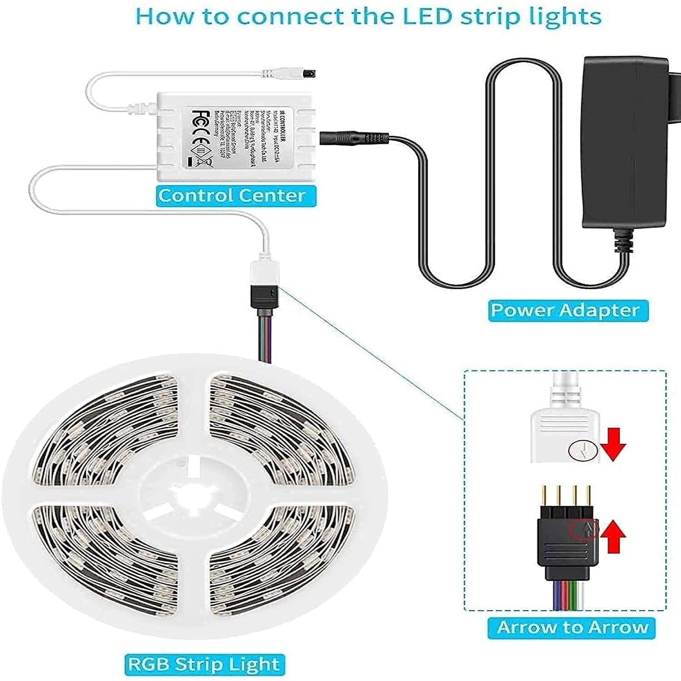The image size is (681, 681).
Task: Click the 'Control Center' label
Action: tap(232, 196)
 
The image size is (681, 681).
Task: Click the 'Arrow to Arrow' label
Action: tap(572, 627)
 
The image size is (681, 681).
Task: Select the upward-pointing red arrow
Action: tap(613, 536)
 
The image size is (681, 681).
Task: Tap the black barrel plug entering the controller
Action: tap(354, 138)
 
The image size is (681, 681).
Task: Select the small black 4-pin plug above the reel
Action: tap(266, 298)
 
